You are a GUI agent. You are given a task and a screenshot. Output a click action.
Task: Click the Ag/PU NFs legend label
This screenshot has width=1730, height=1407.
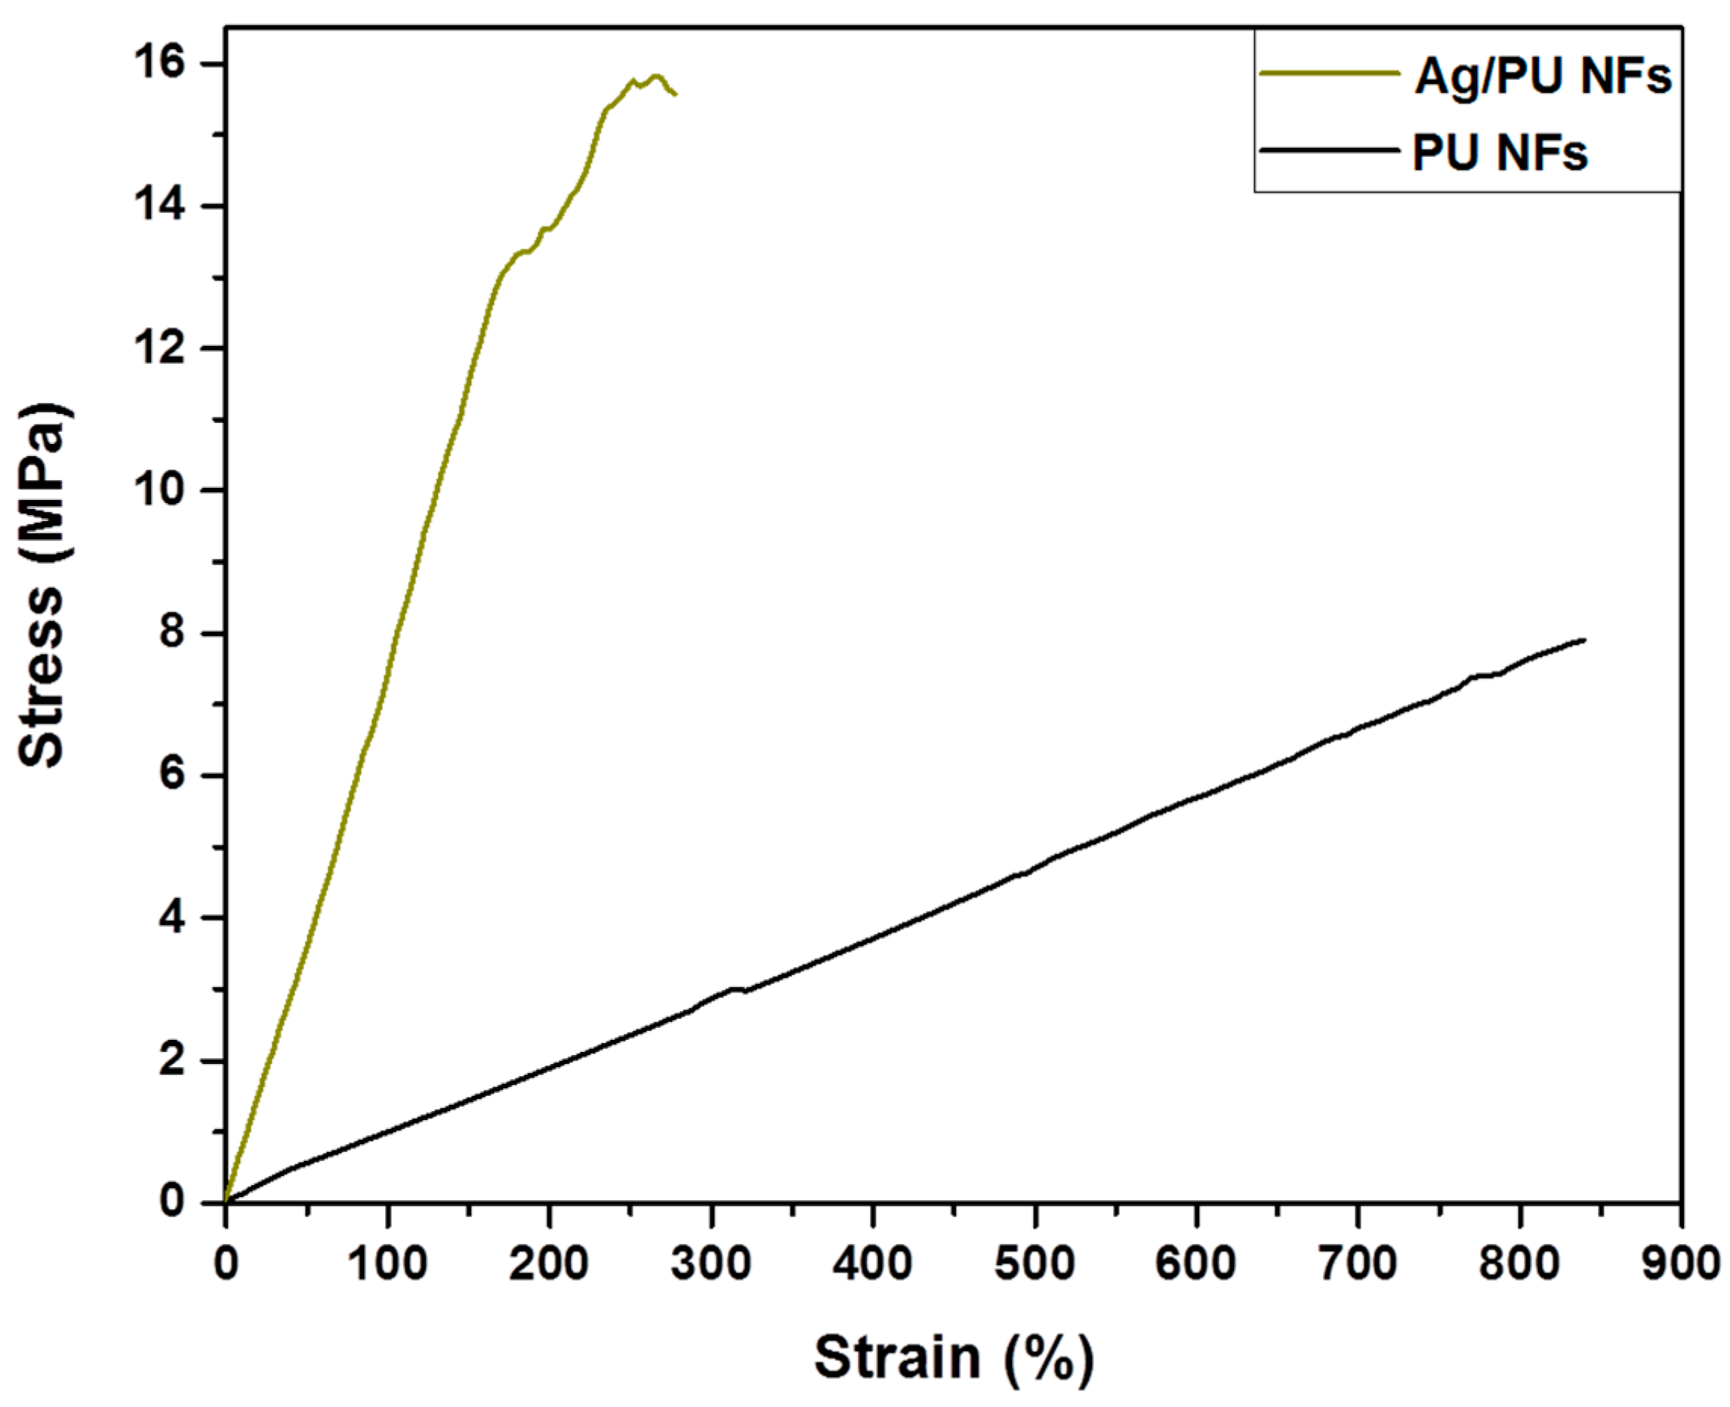click(x=1543, y=77)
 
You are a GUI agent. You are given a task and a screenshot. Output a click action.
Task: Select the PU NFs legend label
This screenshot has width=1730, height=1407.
click(x=1500, y=153)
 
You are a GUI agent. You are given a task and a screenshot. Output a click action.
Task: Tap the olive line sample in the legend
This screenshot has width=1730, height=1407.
click(x=1330, y=73)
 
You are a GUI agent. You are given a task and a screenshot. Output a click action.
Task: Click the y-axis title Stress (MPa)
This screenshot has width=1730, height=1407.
click(x=42, y=585)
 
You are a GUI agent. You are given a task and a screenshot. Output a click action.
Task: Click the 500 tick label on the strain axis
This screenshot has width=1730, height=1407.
click(x=1034, y=1263)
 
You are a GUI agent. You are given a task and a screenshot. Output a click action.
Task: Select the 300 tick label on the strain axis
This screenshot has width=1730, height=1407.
click(x=711, y=1263)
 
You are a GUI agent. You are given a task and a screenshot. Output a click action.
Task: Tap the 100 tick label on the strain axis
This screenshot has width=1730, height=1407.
click(x=388, y=1263)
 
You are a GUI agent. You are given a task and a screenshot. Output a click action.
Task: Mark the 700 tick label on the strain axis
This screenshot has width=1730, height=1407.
click(x=1357, y=1263)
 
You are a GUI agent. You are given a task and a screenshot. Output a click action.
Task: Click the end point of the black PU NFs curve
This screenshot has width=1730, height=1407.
click(x=1584, y=640)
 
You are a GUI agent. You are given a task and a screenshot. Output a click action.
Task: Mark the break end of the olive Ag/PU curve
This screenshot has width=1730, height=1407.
click(x=676, y=95)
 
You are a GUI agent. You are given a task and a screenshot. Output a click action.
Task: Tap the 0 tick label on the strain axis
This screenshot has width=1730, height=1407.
click(x=226, y=1263)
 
